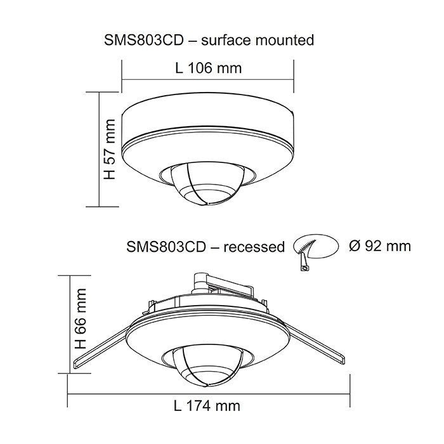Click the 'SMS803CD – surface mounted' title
[x=209, y=41]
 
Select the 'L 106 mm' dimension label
[x=207, y=68]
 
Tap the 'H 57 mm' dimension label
[x=111, y=149]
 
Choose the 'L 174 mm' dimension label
[x=207, y=405]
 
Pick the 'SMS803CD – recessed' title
[x=206, y=247]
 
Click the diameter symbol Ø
[x=355, y=245]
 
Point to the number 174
[x=200, y=405]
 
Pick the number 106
[x=200, y=68]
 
